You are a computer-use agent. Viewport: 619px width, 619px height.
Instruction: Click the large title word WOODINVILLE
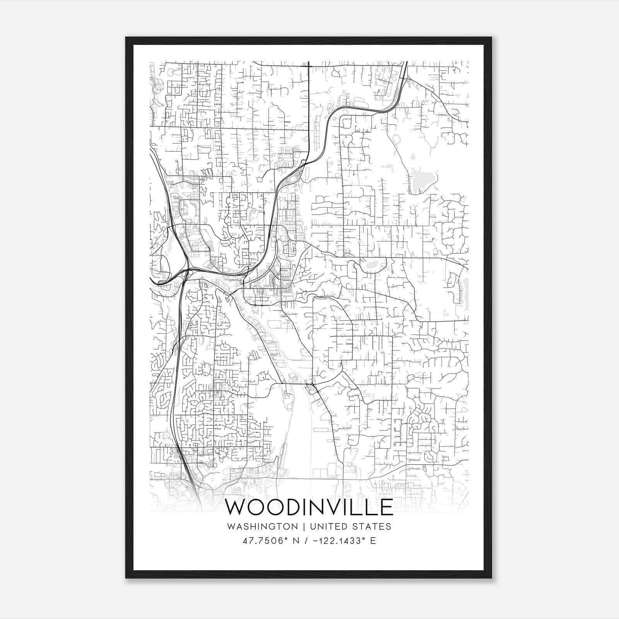309,507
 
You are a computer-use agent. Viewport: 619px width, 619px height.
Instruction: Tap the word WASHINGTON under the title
263,527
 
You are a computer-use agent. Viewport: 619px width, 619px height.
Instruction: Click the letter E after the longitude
373,541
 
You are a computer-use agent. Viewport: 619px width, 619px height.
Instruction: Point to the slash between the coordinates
307,541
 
